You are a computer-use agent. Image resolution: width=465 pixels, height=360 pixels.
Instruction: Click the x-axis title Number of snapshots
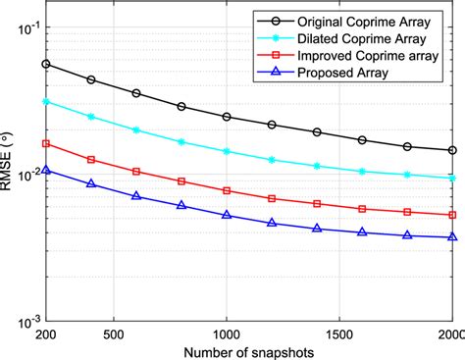(x=249, y=350)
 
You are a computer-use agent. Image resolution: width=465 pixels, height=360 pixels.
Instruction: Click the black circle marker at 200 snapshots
(x=46, y=64)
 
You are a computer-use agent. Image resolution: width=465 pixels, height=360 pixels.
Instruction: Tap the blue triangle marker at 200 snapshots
(x=46, y=170)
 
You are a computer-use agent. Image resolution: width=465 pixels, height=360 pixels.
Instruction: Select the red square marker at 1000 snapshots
(x=227, y=190)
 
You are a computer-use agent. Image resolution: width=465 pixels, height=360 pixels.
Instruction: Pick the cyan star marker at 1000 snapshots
(x=227, y=151)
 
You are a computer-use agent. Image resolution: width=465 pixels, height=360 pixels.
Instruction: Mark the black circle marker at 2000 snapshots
(x=452, y=150)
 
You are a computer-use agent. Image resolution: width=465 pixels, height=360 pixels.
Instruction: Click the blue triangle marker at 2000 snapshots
(x=452, y=236)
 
